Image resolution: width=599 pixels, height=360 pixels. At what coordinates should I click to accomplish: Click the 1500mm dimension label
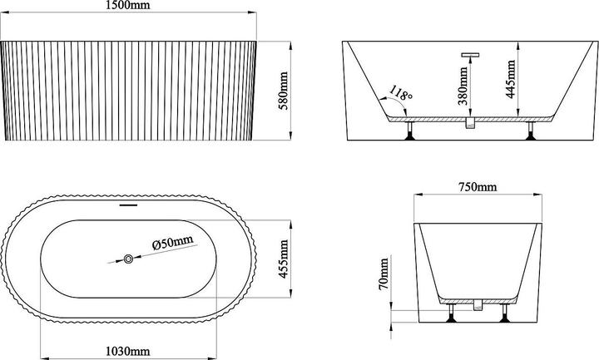(127, 5)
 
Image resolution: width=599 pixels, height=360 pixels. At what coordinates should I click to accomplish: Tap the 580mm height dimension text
(284, 91)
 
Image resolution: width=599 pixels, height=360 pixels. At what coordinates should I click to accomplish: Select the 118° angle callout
(401, 93)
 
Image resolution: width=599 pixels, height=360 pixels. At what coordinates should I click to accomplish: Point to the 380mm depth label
(463, 86)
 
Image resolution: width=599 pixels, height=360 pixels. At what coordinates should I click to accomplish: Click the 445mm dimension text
(510, 79)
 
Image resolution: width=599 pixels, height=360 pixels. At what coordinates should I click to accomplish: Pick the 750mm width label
(478, 187)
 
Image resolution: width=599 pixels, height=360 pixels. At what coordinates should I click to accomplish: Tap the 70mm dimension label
(384, 274)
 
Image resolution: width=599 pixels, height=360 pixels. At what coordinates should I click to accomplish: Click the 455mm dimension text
(284, 259)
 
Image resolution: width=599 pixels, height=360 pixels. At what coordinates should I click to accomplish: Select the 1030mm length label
(127, 351)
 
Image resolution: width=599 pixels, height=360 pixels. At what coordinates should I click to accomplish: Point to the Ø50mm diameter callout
(172, 243)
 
